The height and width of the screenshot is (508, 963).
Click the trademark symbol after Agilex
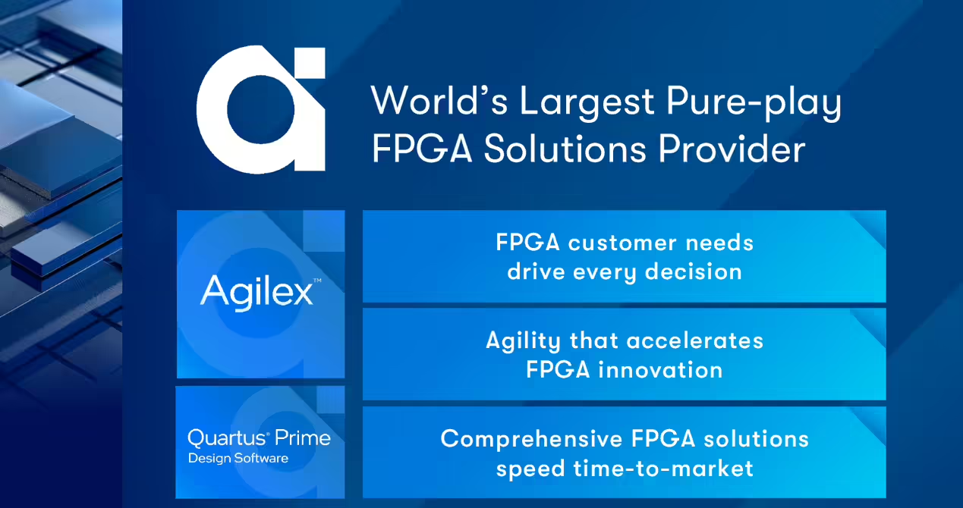tap(317, 281)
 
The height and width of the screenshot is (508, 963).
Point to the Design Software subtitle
tap(238, 458)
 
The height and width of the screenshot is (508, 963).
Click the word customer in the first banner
tap(622, 243)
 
